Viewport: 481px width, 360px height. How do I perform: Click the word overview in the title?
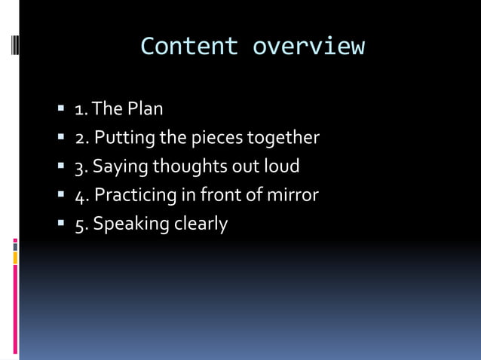(x=308, y=47)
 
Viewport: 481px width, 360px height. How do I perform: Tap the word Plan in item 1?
(x=145, y=109)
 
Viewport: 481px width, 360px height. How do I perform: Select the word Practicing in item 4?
(x=134, y=196)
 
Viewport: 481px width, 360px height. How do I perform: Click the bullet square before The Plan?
(x=62, y=109)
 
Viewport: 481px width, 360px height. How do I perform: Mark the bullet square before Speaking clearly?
(x=62, y=224)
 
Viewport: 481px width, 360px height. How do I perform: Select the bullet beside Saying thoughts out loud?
(x=62, y=167)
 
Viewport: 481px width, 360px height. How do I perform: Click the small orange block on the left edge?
(x=15, y=258)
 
